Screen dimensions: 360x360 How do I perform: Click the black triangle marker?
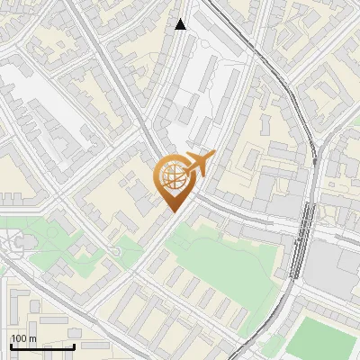click(181, 24)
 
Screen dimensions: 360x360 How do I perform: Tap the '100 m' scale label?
click(24, 338)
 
